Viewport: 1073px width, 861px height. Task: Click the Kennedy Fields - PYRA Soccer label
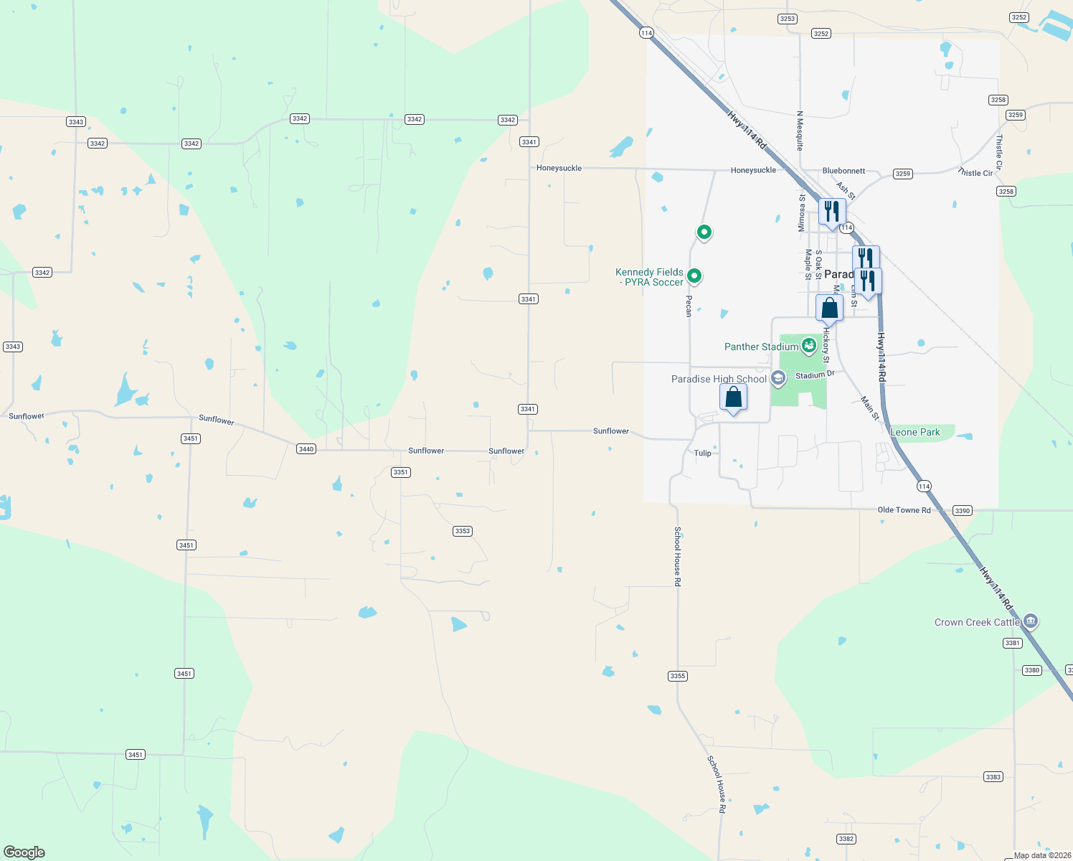[x=649, y=277]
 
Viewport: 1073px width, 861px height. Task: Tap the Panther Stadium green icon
[x=809, y=346]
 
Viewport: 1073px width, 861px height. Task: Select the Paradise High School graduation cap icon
[x=778, y=378]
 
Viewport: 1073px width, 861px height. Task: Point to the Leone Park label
[x=914, y=432]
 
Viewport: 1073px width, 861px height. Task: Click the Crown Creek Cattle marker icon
[x=1031, y=621]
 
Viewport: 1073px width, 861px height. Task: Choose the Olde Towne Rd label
[x=904, y=510]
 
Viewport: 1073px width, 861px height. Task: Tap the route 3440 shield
[x=306, y=449]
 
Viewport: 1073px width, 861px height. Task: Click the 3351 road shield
[x=400, y=472]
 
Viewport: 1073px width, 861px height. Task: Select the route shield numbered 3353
[x=462, y=531]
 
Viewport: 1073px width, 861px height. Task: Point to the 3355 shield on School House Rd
[x=677, y=676]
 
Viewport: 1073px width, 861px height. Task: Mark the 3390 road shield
[x=963, y=511]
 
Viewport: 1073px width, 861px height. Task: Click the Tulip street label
[x=703, y=453]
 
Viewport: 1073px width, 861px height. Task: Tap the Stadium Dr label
[x=815, y=375]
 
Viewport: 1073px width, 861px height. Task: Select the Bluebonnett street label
[x=843, y=171]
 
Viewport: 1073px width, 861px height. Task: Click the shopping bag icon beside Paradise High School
[x=733, y=397]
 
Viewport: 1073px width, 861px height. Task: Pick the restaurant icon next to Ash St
[x=832, y=212]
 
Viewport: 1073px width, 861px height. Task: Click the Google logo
[x=24, y=852]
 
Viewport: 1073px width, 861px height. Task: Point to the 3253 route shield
[x=787, y=19]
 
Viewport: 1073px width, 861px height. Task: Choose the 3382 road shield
[x=846, y=839]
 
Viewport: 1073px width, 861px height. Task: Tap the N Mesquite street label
[x=800, y=130]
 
